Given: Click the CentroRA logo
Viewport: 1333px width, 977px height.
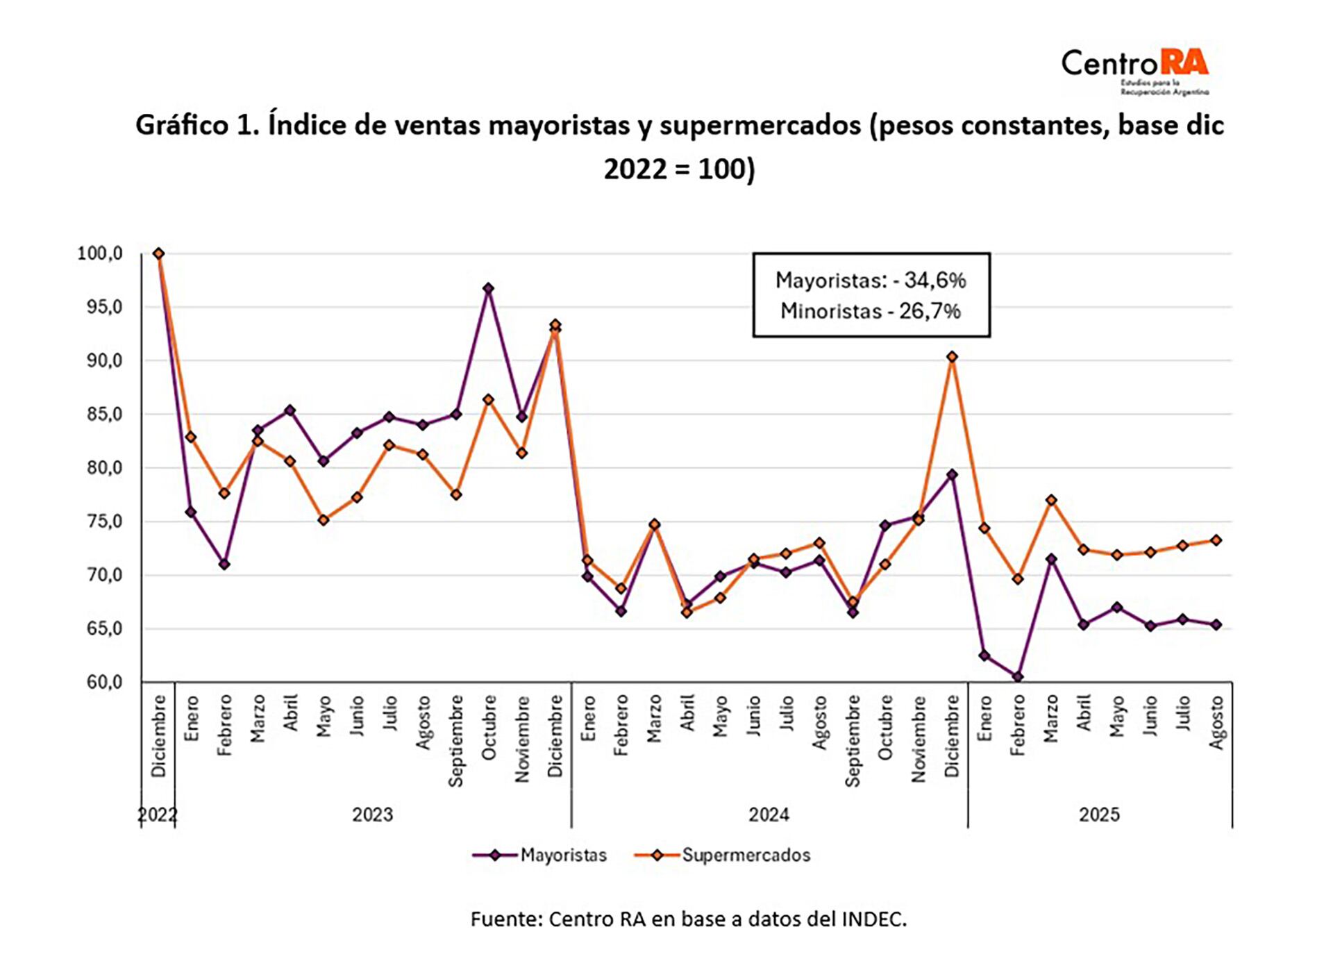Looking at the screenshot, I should coord(1134,70).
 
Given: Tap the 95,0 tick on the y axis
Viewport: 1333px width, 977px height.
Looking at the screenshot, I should coord(99,307).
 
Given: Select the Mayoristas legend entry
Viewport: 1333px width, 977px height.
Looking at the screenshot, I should coord(539,855).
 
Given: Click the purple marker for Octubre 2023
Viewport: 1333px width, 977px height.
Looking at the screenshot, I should coord(488,288).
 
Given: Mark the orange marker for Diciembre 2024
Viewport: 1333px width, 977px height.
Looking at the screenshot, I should coord(952,357).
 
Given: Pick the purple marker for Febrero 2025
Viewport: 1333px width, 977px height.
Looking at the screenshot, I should coord(1018,676).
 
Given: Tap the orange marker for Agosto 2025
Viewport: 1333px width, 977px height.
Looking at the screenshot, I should coord(1216,540).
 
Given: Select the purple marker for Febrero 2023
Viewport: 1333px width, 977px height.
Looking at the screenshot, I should coord(224,565).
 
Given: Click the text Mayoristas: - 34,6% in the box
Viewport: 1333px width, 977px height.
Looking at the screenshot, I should coord(871,281).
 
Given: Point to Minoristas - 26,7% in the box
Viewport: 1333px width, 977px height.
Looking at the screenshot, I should coord(871,310).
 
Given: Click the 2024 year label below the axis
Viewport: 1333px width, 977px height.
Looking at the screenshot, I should coord(769,814).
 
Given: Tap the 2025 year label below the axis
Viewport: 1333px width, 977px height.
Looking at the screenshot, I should coord(1099,814).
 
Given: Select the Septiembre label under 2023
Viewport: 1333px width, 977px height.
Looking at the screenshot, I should coord(455,740).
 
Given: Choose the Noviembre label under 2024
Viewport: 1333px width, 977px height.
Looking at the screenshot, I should coord(919,739).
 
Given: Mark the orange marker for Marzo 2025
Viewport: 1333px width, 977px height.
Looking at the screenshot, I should coord(1051,500).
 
